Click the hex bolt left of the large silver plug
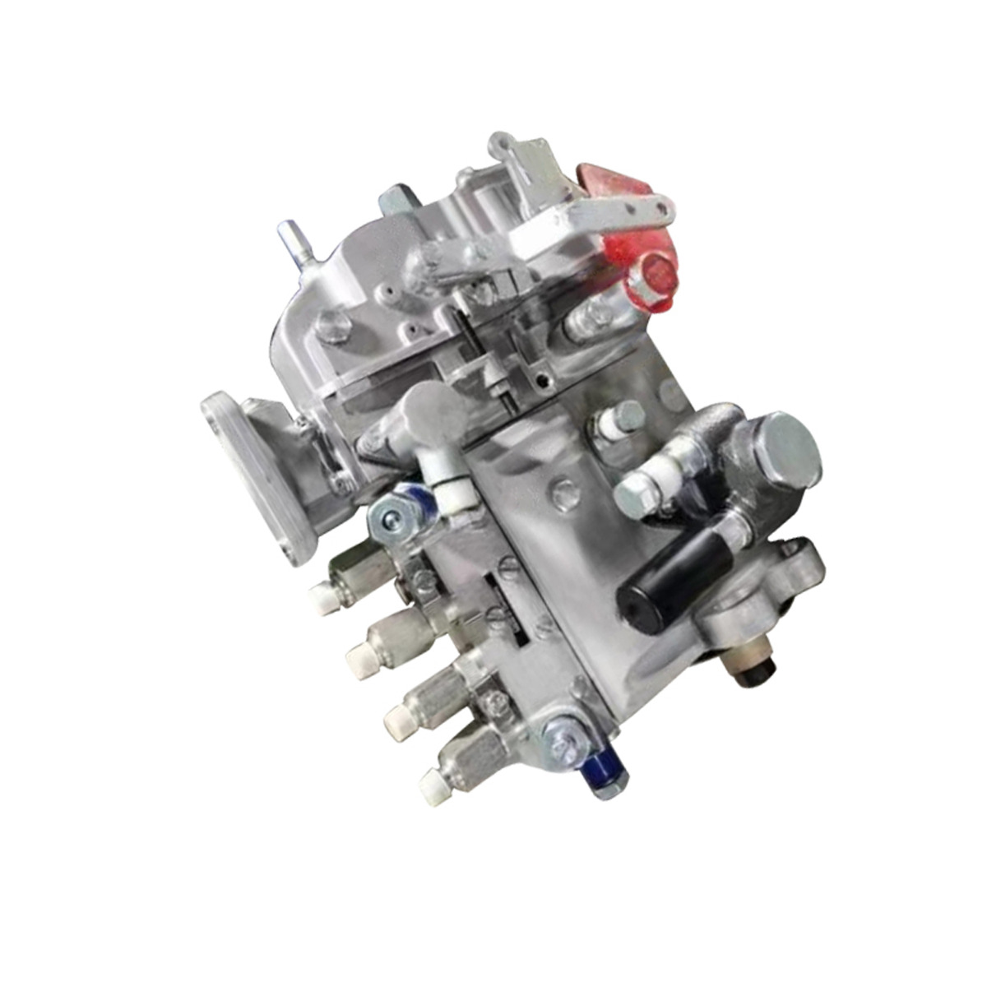click(638, 493)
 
